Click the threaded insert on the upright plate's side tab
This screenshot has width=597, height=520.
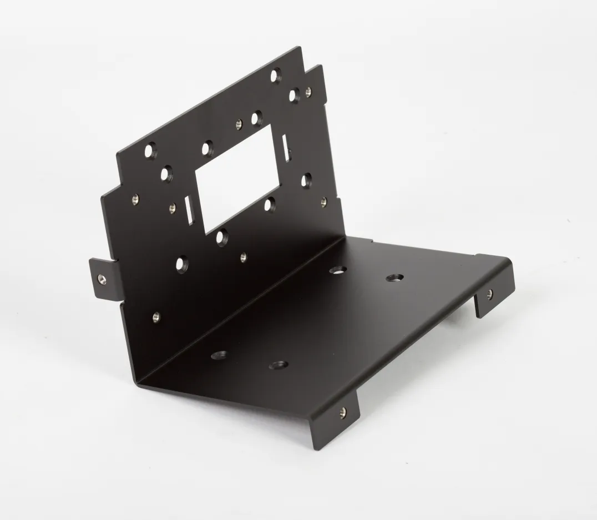100,278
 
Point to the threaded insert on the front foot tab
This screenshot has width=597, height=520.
342,411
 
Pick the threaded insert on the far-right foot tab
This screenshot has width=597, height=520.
489,293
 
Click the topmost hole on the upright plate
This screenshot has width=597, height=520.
276,74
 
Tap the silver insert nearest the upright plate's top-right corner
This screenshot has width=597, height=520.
308,90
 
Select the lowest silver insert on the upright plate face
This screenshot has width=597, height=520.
156,317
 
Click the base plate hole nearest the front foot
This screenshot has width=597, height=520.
278,365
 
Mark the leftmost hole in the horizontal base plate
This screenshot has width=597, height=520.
219,354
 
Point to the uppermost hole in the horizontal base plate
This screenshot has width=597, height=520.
337,270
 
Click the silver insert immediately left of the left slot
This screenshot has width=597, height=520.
172,208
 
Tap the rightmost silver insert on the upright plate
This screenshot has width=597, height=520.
323,202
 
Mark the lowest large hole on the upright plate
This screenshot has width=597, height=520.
181,264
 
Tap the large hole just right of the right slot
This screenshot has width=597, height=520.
306,179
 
